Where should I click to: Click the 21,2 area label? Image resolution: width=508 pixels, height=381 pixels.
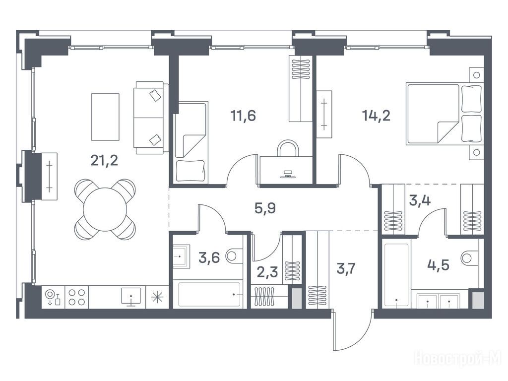point(104,160)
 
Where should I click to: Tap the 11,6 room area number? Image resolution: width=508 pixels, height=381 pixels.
point(243,115)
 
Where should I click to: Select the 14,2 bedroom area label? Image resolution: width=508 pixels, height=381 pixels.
point(376,115)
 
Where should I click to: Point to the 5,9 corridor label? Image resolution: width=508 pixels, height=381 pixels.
point(265,208)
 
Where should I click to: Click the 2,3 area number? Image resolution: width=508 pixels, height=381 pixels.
point(267,272)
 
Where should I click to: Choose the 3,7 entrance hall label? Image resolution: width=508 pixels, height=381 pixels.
point(346,268)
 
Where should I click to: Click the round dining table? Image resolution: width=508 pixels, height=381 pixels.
point(105,209)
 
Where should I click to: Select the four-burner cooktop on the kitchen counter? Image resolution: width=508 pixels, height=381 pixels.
point(77,297)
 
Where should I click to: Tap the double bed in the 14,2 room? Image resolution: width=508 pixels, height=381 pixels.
point(444,114)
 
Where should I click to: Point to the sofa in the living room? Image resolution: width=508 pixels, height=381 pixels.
point(151,118)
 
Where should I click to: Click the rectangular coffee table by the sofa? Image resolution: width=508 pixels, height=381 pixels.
point(105,117)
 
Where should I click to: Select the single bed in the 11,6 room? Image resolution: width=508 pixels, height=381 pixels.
point(191,142)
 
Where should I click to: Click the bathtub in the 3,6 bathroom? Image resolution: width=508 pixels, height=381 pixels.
point(210,295)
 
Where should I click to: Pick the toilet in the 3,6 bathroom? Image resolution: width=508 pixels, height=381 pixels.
point(234,255)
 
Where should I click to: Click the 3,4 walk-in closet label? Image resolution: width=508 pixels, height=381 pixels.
point(420,200)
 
